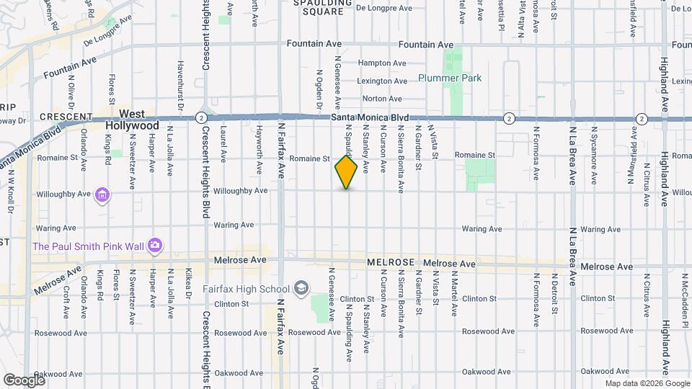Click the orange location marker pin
[x=346, y=172]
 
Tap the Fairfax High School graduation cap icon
[x=301, y=290]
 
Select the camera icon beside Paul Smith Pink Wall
[x=154, y=246]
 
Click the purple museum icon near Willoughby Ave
[x=102, y=194]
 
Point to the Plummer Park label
[x=450, y=78]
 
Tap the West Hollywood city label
[x=132, y=120]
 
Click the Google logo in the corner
[x=23, y=380]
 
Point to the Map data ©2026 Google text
[x=647, y=383]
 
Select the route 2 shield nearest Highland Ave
[x=642, y=118]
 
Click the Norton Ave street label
[x=382, y=99]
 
